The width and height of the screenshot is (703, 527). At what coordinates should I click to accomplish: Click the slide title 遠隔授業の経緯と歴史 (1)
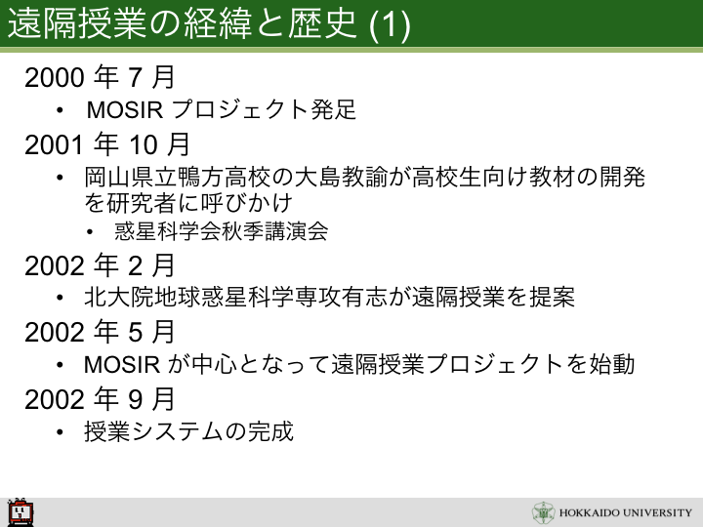[x=209, y=23]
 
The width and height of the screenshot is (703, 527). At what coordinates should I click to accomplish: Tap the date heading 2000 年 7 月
[x=100, y=77]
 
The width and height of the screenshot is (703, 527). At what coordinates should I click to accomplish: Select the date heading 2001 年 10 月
[x=107, y=144]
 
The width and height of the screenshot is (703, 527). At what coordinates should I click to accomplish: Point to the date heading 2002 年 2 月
[x=100, y=265]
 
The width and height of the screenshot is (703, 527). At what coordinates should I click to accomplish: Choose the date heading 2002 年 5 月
[x=100, y=332]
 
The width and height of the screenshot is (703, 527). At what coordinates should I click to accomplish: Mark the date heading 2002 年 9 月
[x=100, y=399]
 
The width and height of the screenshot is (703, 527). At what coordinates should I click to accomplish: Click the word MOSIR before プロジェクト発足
[x=125, y=109]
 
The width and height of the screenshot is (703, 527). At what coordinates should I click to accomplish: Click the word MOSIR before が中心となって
[x=122, y=364]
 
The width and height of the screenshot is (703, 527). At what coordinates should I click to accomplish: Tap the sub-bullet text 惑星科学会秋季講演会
[x=222, y=231]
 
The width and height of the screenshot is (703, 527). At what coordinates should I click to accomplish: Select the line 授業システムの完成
[x=188, y=431]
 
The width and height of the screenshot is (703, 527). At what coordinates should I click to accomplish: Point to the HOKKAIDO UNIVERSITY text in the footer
[x=626, y=512]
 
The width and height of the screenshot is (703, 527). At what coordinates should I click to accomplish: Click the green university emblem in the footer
[x=544, y=512]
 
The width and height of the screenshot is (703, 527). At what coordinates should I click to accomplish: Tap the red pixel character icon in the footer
[x=21, y=511]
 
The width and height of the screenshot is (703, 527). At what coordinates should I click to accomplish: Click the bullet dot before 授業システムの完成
[x=61, y=432]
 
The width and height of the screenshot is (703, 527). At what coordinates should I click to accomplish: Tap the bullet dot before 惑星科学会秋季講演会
[x=90, y=232]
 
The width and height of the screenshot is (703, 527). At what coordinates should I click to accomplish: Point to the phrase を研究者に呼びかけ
[x=188, y=203]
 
